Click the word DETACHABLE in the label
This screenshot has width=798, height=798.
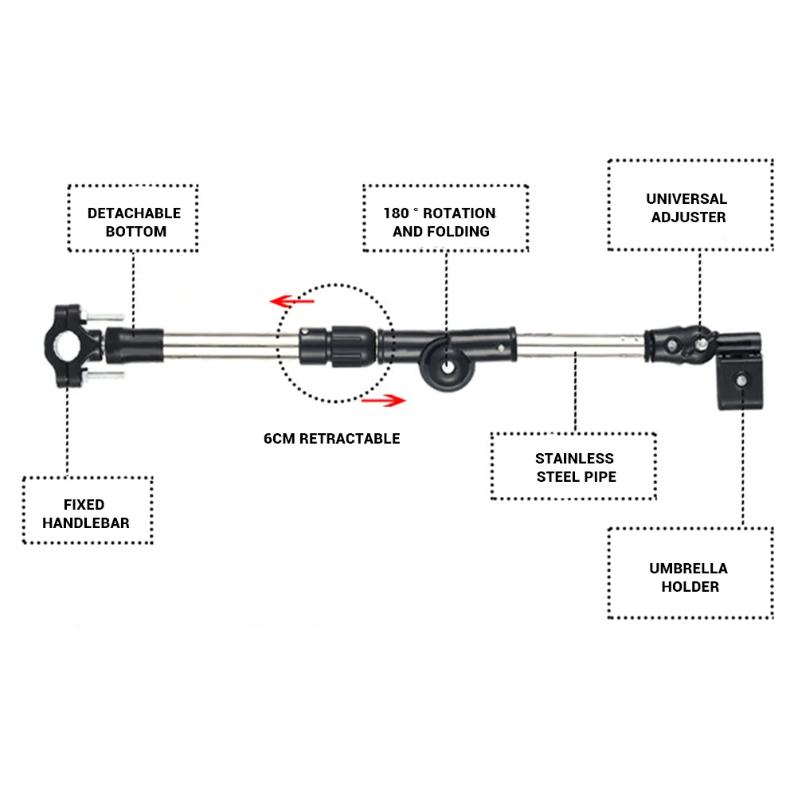(x=134, y=213)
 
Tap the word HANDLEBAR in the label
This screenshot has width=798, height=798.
(x=86, y=523)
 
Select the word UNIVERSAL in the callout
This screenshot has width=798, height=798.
(x=687, y=199)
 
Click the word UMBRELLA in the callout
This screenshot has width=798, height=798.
(x=688, y=569)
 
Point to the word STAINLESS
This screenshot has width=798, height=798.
(x=574, y=459)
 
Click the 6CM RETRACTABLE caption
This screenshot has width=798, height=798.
(x=331, y=439)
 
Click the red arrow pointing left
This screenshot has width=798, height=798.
(x=290, y=302)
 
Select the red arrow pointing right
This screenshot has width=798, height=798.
(x=383, y=401)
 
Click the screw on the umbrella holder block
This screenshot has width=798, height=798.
(x=741, y=380)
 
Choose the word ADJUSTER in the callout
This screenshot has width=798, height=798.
(x=688, y=217)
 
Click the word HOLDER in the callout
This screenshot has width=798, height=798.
(x=688, y=587)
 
